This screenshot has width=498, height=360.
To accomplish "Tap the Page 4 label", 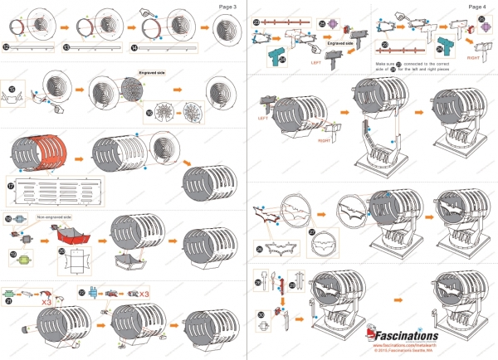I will (477, 6).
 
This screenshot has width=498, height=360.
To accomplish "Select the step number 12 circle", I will (7, 47).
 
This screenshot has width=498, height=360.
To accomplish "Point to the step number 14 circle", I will (134, 47).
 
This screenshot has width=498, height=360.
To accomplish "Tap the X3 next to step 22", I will (144, 294).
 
